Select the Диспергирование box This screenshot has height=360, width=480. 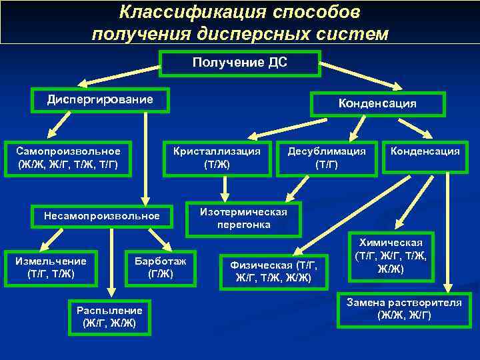pyautogui.click(x=100, y=101)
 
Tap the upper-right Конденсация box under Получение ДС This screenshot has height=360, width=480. pyautogui.click(x=377, y=104)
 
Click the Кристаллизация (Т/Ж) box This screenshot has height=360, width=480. pyautogui.click(x=218, y=158)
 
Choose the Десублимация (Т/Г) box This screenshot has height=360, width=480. pyautogui.click(x=327, y=158)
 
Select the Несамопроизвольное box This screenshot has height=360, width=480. pyautogui.click(x=101, y=216)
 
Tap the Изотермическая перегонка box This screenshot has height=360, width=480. pyautogui.click(x=243, y=219)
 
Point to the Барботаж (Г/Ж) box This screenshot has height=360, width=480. pyautogui.click(x=161, y=267)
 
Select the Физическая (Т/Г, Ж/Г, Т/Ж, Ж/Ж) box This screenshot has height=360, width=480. pyautogui.click(x=273, y=271)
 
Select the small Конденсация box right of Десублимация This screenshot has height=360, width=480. pyautogui.click(x=425, y=152)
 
